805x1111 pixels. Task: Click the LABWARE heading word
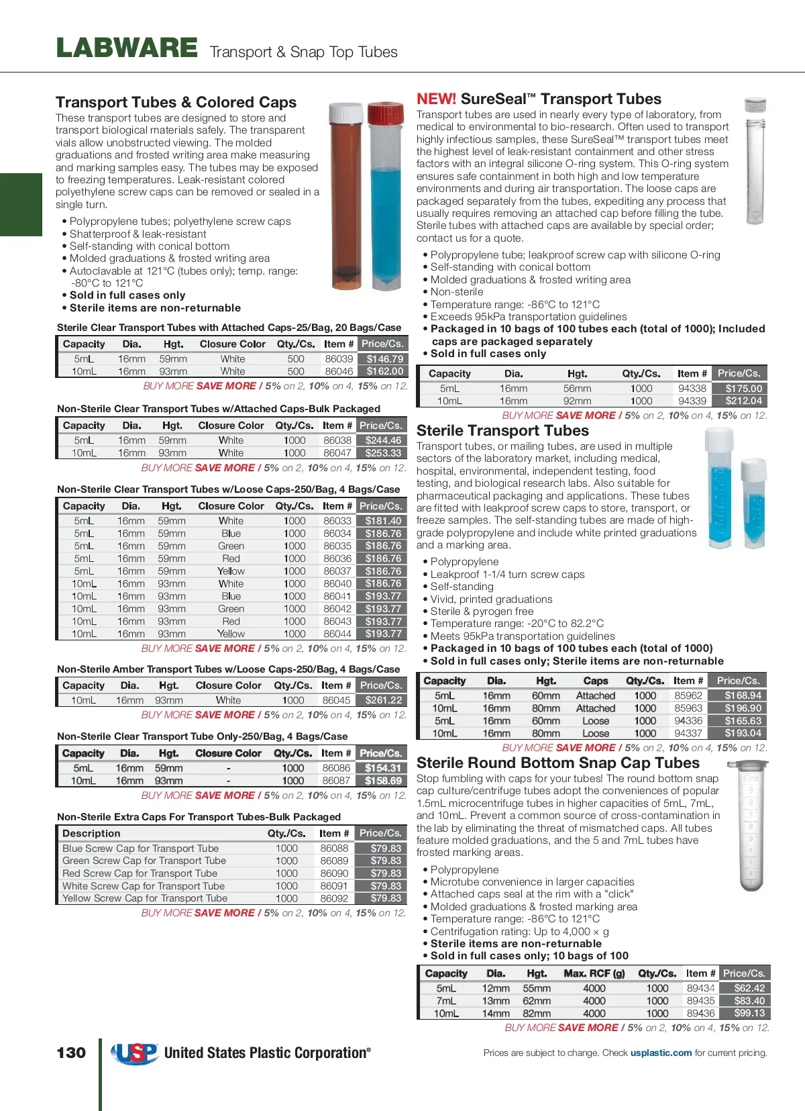(x=127, y=48)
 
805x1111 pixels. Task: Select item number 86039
(x=339, y=359)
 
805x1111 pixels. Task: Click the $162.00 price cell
(x=384, y=371)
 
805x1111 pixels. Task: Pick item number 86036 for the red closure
(x=337, y=559)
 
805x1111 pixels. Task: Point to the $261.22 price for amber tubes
(x=383, y=700)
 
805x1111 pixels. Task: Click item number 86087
(x=335, y=781)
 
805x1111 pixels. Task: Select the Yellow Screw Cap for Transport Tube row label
(x=145, y=898)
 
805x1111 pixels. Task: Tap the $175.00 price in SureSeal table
(x=743, y=388)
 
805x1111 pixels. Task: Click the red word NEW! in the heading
(x=436, y=99)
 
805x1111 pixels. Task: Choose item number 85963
(x=688, y=708)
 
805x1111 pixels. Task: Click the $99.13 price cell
(x=749, y=1013)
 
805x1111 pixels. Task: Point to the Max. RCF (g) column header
(x=594, y=973)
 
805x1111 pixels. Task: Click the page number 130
(x=71, y=1053)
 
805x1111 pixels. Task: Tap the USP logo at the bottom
(x=134, y=1053)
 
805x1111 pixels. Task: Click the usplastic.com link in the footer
(x=661, y=1053)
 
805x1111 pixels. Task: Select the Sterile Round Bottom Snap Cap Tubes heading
(x=557, y=763)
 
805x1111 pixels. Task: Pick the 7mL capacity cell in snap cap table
(x=445, y=1001)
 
